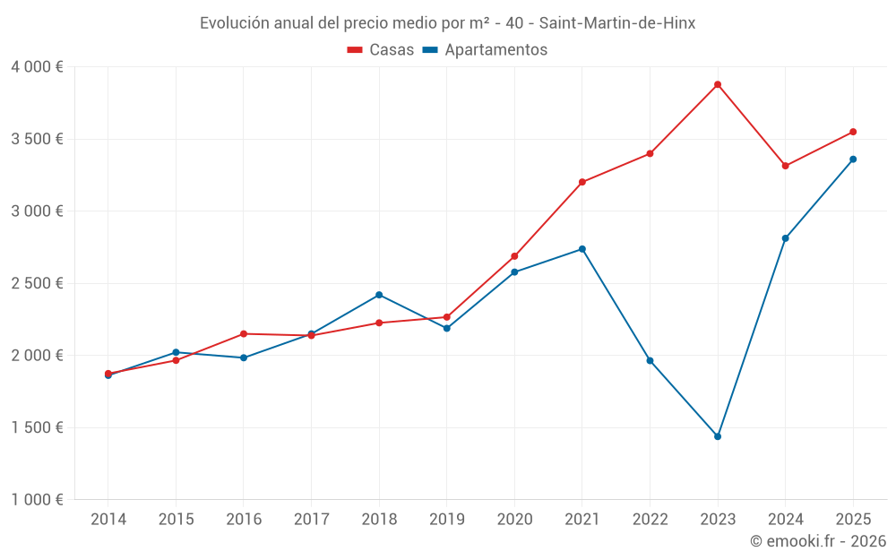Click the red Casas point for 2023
[x=718, y=84]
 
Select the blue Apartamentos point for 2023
[x=718, y=436]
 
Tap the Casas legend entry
[x=381, y=50]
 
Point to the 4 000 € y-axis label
[x=37, y=67]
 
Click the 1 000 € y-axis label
[x=37, y=500]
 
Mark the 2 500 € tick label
[x=37, y=283]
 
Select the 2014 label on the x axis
[x=108, y=520]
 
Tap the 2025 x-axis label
[x=853, y=520]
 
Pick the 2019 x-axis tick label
[x=446, y=520]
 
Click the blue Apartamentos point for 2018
[x=379, y=295]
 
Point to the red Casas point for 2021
[x=582, y=182]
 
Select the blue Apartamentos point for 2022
[x=650, y=360]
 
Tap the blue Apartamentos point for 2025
[x=853, y=159]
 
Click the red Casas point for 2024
[x=786, y=166]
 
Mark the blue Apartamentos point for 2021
[x=582, y=249]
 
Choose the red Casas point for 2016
[x=244, y=334]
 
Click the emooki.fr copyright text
[x=818, y=541]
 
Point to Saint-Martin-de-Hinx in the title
[x=617, y=23]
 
